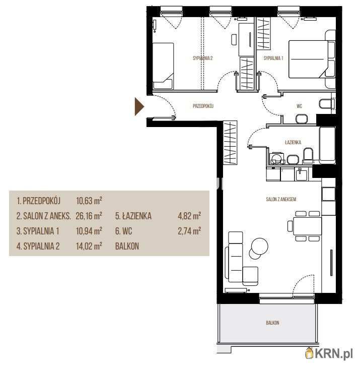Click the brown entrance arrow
point(139,107)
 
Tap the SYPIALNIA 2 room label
point(203,58)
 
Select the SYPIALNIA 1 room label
point(273,58)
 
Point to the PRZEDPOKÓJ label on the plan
point(203,106)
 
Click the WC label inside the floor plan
point(299,106)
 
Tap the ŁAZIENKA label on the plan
point(293,142)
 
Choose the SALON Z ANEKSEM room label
point(281,199)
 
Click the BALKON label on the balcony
point(272,323)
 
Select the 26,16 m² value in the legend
point(89,216)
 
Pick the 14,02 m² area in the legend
point(89,246)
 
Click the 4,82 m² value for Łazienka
point(189,216)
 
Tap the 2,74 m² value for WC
point(189,231)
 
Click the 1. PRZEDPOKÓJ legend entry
point(38,201)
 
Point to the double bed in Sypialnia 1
point(312,59)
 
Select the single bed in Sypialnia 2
point(163,66)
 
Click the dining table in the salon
point(307,226)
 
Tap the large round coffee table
point(259,246)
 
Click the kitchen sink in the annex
point(302,175)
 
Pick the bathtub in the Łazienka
point(327,145)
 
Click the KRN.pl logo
point(329,354)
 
